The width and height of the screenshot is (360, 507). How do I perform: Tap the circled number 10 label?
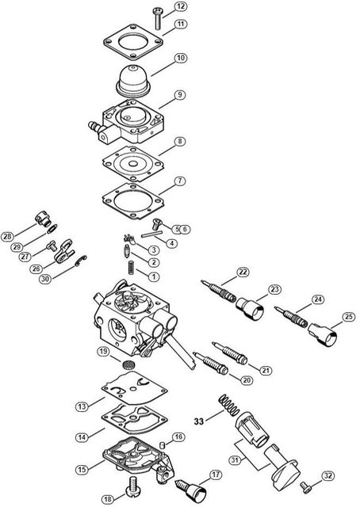tap(181, 58)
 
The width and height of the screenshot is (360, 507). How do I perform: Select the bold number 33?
tap(199, 421)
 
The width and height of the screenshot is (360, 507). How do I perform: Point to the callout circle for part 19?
tap(103, 352)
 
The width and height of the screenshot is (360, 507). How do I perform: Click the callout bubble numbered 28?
tap(7, 236)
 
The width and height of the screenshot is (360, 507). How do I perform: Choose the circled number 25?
tap(348, 317)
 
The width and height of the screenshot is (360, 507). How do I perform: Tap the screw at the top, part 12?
tap(157, 17)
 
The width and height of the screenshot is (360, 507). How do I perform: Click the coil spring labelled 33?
tap(228, 405)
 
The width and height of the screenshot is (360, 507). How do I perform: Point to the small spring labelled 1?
tap(131, 268)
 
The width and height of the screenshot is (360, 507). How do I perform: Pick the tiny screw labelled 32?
tap(305, 487)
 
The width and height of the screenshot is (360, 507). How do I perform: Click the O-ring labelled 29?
tap(52, 229)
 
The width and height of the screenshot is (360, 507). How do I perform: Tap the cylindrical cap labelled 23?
tap(250, 308)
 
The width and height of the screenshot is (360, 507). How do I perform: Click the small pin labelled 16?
tap(163, 445)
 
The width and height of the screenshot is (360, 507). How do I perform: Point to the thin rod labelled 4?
tap(151, 233)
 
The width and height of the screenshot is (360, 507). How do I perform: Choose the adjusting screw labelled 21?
tap(229, 353)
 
